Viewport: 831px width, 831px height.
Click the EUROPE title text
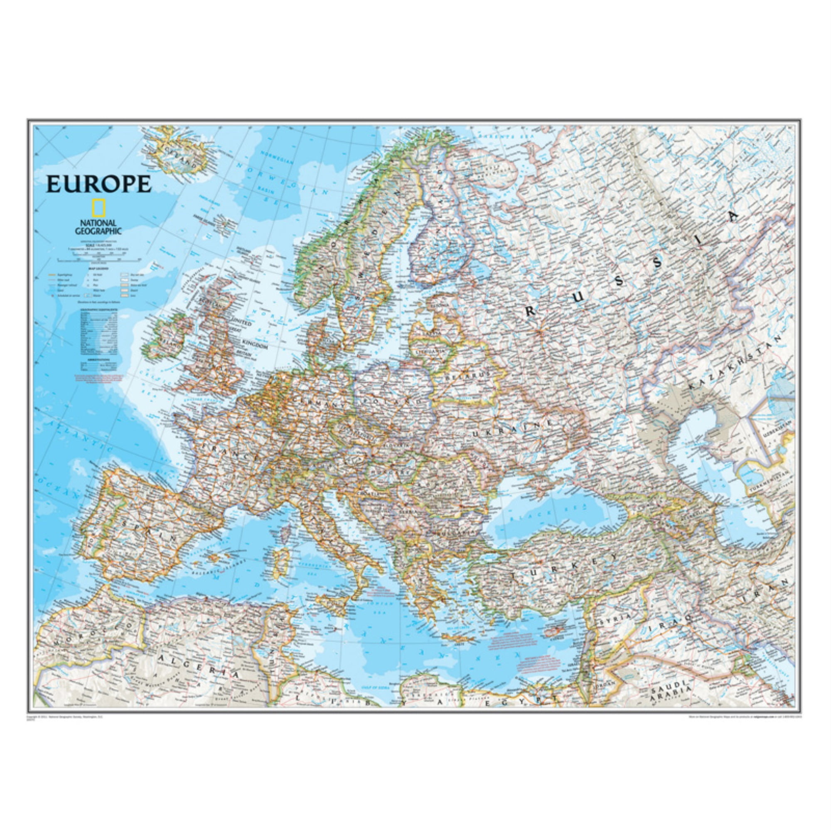pos(98,184)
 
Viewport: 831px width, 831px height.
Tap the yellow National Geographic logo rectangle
pos(98,209)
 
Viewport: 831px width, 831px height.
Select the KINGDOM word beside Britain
pos(255,346)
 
